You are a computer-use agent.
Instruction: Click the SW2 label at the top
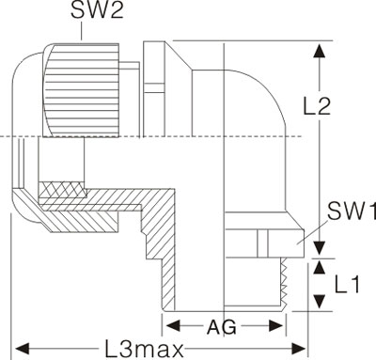click(x=97, y=10)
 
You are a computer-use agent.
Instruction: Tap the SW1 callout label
click(x=352, y=211)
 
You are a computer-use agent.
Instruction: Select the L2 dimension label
click(x=317, y=106)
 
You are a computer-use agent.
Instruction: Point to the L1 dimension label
click(x=347, y=285)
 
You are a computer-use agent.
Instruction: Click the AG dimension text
click(x=222, y=327)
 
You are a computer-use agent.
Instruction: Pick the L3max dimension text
click(x=144, y=350)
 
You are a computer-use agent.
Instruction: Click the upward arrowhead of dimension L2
click(x=320, y=51)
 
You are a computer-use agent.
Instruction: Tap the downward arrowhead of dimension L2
click(x=320, y=248)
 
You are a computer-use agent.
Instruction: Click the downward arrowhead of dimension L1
click(x=320, y=301)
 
